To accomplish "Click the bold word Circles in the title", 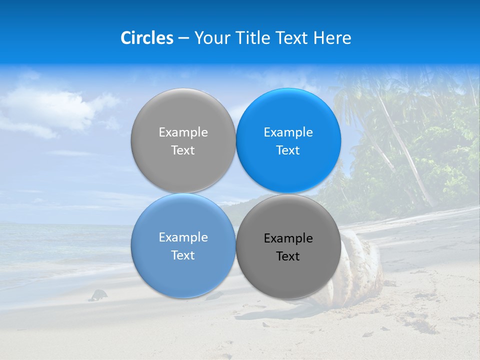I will click(x=146, y=38).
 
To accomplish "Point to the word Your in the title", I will click(x=211, y=38).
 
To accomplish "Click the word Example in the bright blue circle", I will click(x=288, y=132).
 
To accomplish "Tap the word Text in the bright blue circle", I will click(x=288, y=150).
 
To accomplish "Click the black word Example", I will click(x=288, y=238).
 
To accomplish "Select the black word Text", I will click(x=288, y=256).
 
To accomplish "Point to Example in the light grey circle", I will click(x=183, y=132).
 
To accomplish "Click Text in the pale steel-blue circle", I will click(x=183, y=255).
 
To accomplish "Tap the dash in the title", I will click(x=183, y=38).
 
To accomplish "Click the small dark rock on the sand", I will click(x=98, y=295).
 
